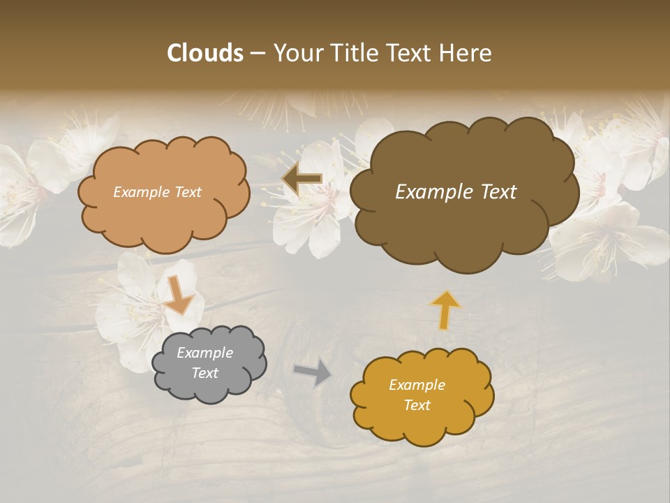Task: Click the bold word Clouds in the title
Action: [x=205, y=53]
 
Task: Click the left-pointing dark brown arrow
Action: [x=302, y=180]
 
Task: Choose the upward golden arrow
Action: [x=445, y=309]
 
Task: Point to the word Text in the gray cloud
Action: [x=205, y=374]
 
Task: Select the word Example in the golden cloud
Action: [x=417, y=385]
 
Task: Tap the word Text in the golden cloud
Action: [x=417, y=405]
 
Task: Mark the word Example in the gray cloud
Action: [x=205, y=353]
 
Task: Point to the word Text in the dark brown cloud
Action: [x=497, y=192]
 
